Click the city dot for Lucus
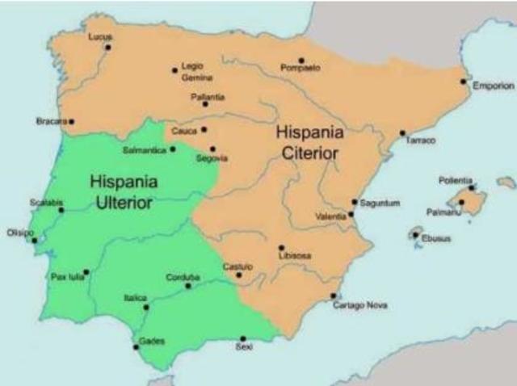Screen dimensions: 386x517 pos(107,47)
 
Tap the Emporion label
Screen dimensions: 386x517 pos(493,86)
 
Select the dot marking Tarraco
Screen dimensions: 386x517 pos(402,133)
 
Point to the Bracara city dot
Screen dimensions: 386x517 pos(71,122)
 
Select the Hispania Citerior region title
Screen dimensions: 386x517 pos(309,142)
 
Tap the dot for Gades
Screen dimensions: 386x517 pos(136,347)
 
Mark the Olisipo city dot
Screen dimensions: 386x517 pos(34,240)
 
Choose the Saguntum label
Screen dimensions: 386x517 pos(379,203)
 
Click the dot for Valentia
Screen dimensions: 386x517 pos(351,215)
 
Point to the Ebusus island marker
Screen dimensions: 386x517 pos(416,235)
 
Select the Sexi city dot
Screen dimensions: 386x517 pos(243,338)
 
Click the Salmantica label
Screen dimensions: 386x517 pos(144,150)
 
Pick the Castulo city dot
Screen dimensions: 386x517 pos(238,275)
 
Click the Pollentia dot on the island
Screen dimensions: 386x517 pos(472,187)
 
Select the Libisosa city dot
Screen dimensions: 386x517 pos(281,248)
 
